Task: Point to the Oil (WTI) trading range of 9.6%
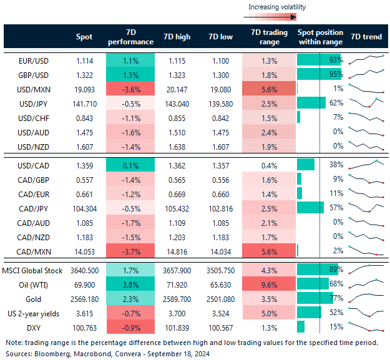[268, 283]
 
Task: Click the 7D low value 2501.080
[218, 298]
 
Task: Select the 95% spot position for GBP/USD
[334, 74]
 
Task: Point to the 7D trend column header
[366, 37]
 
